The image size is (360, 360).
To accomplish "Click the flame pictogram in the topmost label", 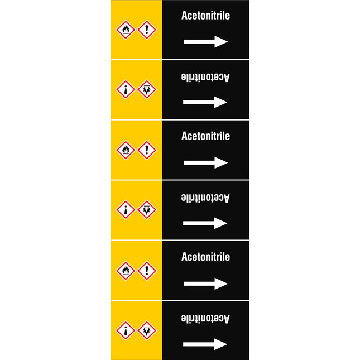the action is [x=126, y=30].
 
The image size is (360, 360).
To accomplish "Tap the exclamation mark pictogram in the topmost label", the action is [x=147, y=30].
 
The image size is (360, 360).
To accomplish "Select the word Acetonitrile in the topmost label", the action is [x=205, y=16].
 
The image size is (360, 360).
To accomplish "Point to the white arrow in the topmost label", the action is [x=205, y=41].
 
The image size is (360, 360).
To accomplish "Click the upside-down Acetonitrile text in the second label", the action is [x=205, y=77].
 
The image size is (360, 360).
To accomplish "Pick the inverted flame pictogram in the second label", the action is [x=147, y=89].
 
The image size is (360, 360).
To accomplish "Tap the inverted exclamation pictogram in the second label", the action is [x=126, y=89].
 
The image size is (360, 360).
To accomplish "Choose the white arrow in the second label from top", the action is [x=205, y=102].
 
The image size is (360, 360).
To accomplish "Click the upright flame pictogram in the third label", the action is [x=126, y=150].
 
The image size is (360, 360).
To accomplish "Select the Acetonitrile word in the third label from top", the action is [x=205, y=136].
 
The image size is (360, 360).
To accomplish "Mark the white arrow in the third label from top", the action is [x=205, y=162].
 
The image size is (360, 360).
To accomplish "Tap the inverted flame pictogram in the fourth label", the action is [x=147, y=210].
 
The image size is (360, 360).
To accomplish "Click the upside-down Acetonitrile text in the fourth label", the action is [x=205, y=198].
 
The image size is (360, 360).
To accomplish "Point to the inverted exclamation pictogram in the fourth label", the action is [x=126, y=210].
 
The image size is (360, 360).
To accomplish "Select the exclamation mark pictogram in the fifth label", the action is [x=147, y=271].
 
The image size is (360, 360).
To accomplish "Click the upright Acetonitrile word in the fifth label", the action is [x=205, y=257].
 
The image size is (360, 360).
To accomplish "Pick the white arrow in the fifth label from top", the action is [x=205, y=284].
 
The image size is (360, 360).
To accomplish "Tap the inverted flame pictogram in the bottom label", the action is [x=147, y=330].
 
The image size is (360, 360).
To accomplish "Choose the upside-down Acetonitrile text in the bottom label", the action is [x=205, y=319].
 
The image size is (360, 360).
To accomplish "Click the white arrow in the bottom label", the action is [x=205, y=344].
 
